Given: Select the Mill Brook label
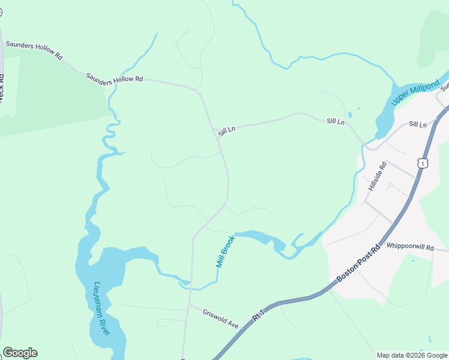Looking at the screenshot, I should (x=225, y=251).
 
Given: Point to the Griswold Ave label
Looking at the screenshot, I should (x=221, y=319).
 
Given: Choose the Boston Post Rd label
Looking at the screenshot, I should (x=358, y=264).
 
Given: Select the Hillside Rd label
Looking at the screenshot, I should (x=378, y=176).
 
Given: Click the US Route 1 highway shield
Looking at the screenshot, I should (x=424, y=163).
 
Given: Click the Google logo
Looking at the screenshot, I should (x=20, y=353).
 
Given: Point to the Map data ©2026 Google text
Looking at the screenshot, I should (x=412, y=355).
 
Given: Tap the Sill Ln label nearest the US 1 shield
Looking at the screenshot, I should (x=417, y=124).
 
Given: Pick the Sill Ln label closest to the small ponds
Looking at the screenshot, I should (x=336, y=121).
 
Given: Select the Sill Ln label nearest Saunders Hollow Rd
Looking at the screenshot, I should (x=226, y=130).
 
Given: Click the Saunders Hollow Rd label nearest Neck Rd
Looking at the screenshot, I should (x=34, y=50).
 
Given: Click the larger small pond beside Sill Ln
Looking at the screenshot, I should (x=349, y=115).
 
